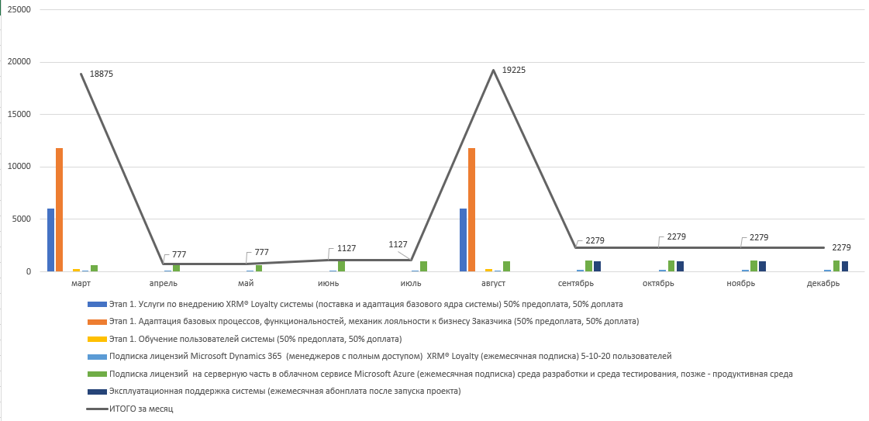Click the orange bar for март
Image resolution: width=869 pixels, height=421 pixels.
click(59, 209)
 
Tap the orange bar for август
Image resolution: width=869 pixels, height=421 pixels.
click(471, 209)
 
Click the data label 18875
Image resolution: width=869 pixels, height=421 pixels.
click(102, 74)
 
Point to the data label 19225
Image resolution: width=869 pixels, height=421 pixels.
click(514, 70)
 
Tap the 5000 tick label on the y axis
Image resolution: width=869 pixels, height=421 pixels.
click(22, 219)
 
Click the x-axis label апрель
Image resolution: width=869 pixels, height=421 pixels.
click(163, 283)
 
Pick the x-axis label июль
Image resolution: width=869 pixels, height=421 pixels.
click(411, 283)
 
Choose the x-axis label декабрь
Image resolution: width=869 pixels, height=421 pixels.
click(823, 283)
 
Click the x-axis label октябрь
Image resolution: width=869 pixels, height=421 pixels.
click(658, 283)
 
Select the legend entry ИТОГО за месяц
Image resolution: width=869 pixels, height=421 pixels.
click(141, 409)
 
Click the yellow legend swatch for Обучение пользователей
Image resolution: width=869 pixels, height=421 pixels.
click(96, 339)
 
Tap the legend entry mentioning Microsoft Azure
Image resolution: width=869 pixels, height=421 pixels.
click(450, 374)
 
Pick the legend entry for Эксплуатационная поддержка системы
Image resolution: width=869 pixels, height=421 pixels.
click(284, 391)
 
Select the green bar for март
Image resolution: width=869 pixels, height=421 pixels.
click(95, 268)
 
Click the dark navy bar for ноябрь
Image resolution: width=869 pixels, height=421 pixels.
click(763, 267)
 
